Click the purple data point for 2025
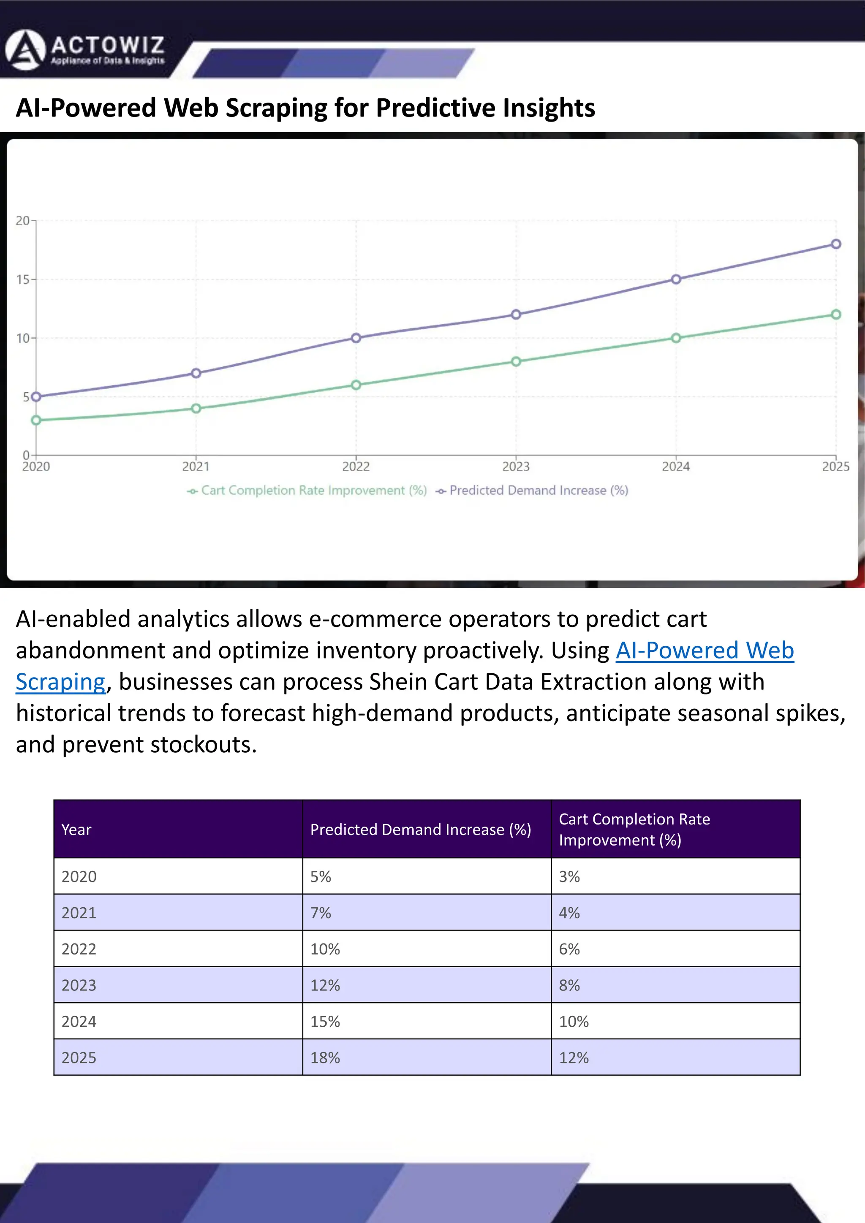tap(836, 244)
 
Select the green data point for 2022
tap(356, 385)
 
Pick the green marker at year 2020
tap(36, 420)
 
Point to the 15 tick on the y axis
tap(23, 279)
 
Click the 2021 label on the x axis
tap(196, 466)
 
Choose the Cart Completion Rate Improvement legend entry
tap(307, 491)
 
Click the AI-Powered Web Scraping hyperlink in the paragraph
tap(705, 651)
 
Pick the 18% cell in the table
tap(325, 1058)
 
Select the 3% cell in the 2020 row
tap(569, 876)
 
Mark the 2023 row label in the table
tap(79, 985)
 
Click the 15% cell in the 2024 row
tap(325, 1021)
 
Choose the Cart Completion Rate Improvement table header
tap(634, 830)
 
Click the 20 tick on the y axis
tap(23, 220)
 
